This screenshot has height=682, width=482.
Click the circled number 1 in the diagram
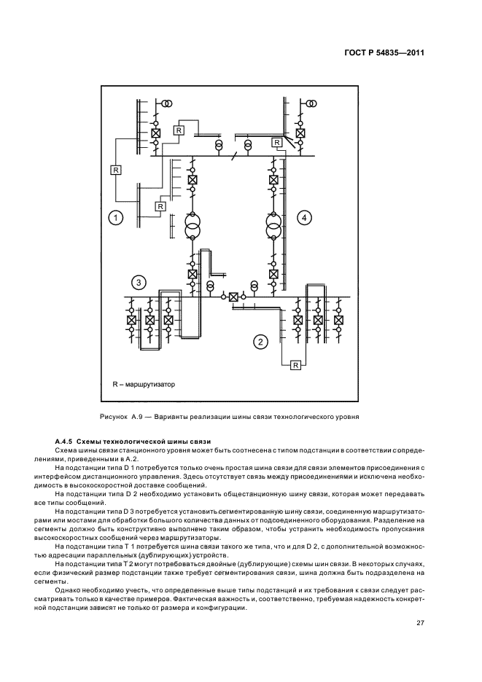coord(115,217)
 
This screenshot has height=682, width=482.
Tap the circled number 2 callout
coord(258,340)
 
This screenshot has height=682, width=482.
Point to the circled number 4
coord(305,217)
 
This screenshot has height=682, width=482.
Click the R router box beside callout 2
coord(295,365)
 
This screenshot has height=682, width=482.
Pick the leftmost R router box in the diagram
coord(114,170)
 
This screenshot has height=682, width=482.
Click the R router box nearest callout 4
coord(276,143)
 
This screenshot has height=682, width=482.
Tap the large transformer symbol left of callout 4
coord(273,227)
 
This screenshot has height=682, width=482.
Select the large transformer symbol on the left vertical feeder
coord(192,227)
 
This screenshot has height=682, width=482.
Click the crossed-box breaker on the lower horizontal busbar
coord(233,297)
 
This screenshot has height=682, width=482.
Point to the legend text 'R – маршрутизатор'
coord(144,384)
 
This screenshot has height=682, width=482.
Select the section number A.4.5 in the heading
coord(66,442)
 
